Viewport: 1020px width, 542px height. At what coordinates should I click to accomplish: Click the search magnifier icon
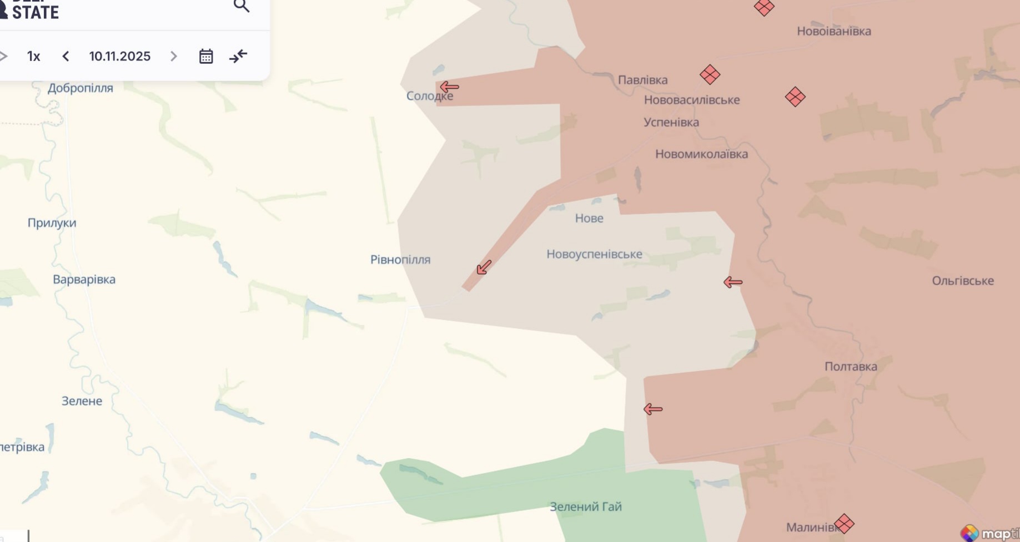pos(241,6)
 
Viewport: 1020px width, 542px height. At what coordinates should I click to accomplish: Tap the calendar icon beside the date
pos(206,56)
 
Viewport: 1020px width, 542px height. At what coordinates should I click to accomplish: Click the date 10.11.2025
pos(119,56)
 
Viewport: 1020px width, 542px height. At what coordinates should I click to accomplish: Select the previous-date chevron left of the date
pos(66,56)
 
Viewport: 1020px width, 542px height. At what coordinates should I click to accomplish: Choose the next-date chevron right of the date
pos(174,56)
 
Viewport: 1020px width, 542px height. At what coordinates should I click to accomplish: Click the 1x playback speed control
pos(33,56)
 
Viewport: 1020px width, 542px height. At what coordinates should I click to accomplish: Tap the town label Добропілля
pos(80,88)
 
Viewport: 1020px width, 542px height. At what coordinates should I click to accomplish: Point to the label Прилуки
pos(52,222)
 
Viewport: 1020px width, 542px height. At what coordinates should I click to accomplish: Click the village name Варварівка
pos(84,279)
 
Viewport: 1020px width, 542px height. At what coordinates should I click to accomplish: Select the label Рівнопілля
pos(400,260)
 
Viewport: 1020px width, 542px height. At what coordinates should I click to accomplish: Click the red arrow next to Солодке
pos(449,87)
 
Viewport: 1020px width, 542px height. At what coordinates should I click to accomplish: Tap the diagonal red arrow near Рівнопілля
pos(484,267)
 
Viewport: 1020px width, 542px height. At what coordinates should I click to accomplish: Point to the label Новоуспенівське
pos(594,254)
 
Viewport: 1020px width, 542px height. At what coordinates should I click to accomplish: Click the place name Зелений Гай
pos(585,506)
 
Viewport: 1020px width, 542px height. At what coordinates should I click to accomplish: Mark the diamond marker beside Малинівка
pos(844,523)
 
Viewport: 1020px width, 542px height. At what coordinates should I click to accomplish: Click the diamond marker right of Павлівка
pos(710,74)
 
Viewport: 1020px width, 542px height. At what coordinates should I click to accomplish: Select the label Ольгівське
pos(962,281)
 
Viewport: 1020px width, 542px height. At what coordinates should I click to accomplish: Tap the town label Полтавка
pos(851,366)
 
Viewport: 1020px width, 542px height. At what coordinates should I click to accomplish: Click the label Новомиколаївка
pos(701,154)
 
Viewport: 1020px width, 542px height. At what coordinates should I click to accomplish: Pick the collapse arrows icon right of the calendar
pos(238,56)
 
